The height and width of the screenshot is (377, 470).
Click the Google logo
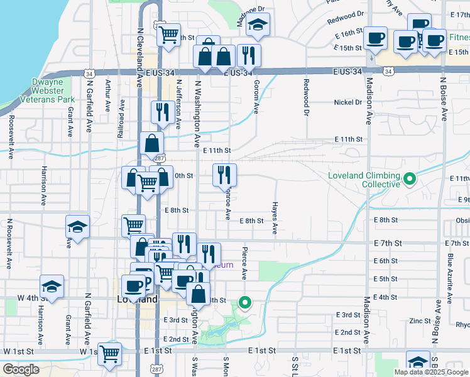[x=21, y=369]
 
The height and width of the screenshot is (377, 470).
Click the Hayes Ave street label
[x=275, y=218]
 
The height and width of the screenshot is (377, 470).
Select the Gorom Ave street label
[x=256, y=97]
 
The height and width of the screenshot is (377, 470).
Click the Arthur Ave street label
[x=108, y=96]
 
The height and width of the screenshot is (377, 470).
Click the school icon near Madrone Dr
[x=257, y=25]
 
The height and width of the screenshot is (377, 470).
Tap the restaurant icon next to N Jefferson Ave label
[x=163, y=112]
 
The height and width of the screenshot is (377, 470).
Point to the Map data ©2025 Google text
[x=430, y=372]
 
